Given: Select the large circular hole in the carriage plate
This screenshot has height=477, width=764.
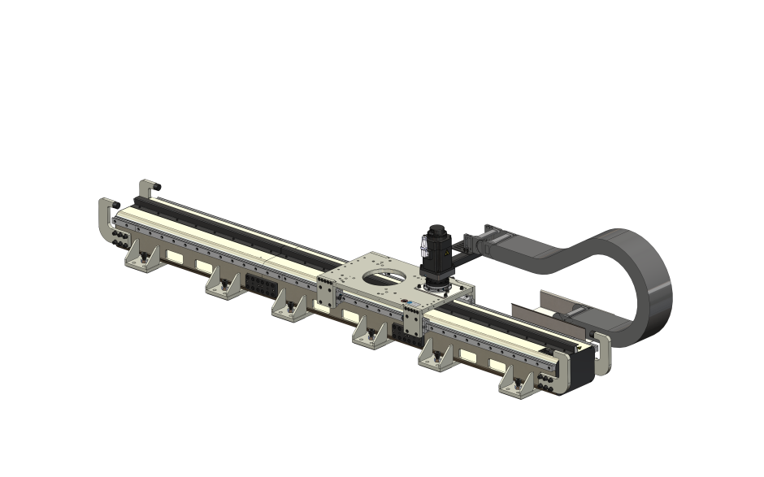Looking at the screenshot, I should click(382, 276).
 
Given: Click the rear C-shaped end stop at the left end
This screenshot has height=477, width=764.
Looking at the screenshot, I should click(144, 192).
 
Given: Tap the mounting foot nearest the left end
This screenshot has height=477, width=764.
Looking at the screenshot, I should click(143, 259).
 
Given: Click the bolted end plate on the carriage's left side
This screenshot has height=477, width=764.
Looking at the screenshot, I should click(324, 293).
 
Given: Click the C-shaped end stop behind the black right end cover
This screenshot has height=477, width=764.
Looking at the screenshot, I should click(601, 352).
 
